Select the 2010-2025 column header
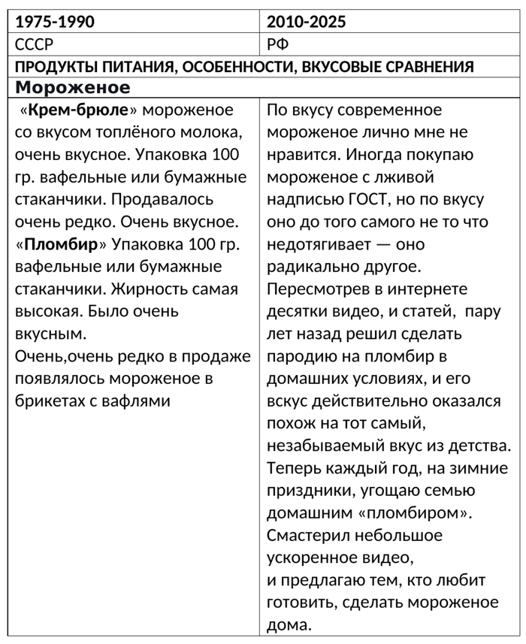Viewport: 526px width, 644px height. tap(307, 22)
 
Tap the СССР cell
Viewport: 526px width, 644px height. tap(35, 44)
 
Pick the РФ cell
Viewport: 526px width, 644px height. tap(278, 44)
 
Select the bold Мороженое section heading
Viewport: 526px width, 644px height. tap(72, 87)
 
